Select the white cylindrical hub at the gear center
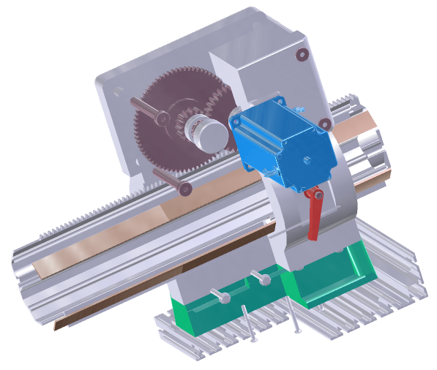(208, 132)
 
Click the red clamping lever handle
(314, 216)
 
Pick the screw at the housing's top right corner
(301, 55)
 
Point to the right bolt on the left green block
(258, 276)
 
